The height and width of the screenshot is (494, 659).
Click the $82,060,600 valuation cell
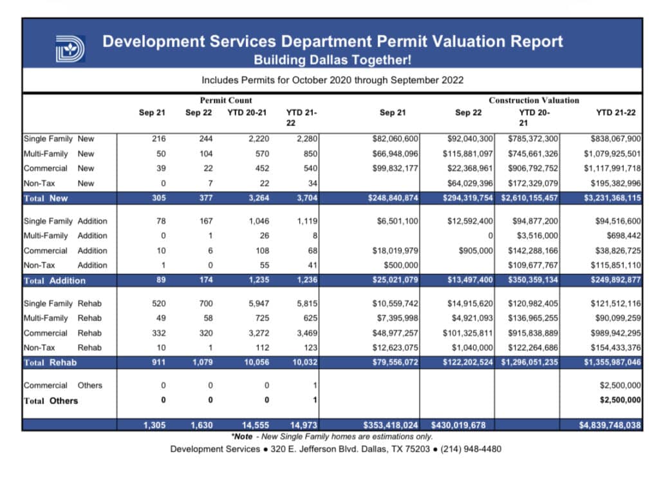[396, 139]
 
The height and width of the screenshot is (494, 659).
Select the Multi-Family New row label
[59, 154]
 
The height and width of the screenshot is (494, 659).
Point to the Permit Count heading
[226, 100]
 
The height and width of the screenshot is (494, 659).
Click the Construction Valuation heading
[534, 100]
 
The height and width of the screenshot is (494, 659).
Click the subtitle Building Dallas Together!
[332, 60]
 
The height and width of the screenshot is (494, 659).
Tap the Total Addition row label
[55, 280]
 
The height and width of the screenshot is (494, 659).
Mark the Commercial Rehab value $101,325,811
[468, 333]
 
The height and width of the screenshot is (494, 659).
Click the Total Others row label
[51, 401]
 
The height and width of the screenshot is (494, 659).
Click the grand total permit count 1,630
[202, 425]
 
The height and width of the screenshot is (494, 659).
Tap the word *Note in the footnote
[242, 436]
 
